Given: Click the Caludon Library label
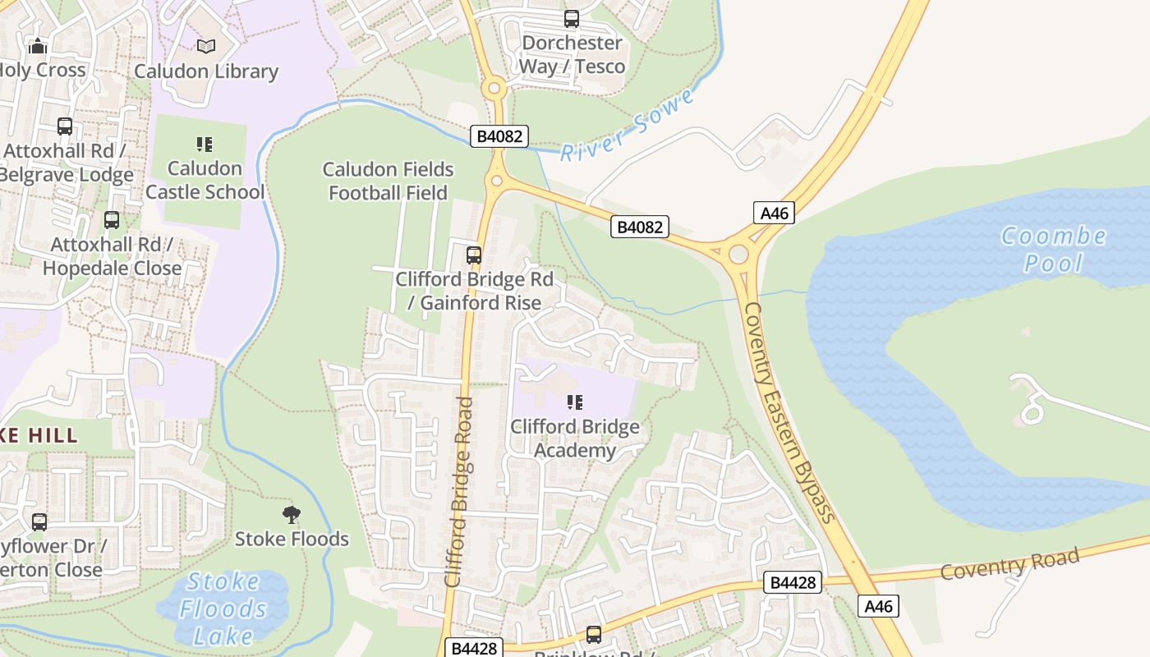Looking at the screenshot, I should click(x=206, y=71).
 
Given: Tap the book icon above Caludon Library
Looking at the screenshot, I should click(x=206, y=46).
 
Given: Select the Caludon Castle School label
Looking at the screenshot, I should click(x=205, y=180).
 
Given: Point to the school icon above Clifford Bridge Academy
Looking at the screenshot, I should click(x=575, y=402).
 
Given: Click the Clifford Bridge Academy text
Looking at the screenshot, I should click(x=575, y=439).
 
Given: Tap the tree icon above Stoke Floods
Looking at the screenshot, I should click(x=291, y=515).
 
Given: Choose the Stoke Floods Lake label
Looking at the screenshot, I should click(x=223, y=609).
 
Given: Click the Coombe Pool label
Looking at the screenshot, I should click(x=1053, y=249).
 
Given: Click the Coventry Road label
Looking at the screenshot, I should click(x=1010, y=564).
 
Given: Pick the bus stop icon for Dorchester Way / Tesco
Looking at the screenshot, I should click(x=572, y=18).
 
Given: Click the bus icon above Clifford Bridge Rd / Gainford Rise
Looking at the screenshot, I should click(x=474, y=255).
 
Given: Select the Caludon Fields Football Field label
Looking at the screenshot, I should click(x=388, y=181).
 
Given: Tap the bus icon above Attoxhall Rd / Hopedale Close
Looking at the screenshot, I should click(x=112, y=220).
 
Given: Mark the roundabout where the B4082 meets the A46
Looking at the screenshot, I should click(x=738, y=254).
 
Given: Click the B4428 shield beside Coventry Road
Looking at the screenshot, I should click(x=793, y=582).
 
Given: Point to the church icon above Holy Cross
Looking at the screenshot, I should click(x=38, y=46).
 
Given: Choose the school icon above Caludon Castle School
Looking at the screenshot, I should click(x=205, y=145).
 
